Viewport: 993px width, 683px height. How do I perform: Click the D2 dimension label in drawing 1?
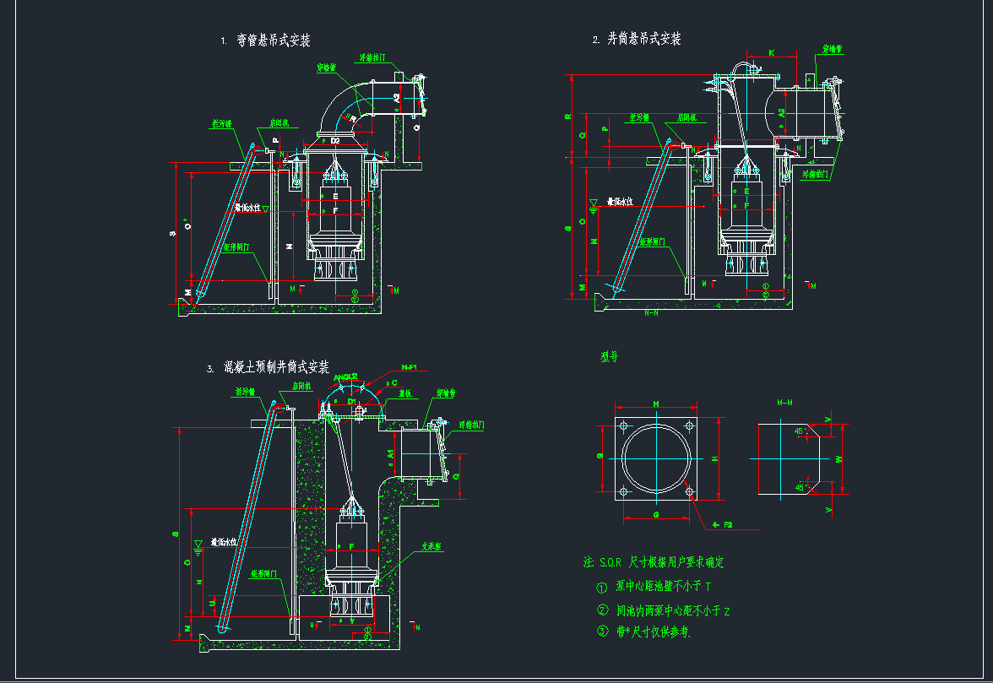(335, 140)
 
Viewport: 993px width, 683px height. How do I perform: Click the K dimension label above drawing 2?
(771, 53)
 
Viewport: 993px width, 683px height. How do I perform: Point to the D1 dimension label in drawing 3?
(352, 402)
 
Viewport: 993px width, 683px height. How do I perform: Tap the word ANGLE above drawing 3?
(345, 377)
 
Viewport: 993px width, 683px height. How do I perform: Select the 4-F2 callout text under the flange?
(723, 525)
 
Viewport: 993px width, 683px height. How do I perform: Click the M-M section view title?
(784, 403)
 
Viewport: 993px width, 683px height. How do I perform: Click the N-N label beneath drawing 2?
(651, 312)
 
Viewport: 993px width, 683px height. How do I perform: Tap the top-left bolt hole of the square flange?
(623, 424)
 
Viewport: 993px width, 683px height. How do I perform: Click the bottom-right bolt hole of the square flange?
(690, 491)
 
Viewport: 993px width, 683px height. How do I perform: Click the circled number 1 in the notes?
(602, 587)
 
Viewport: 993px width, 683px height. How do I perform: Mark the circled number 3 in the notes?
(602, 631)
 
